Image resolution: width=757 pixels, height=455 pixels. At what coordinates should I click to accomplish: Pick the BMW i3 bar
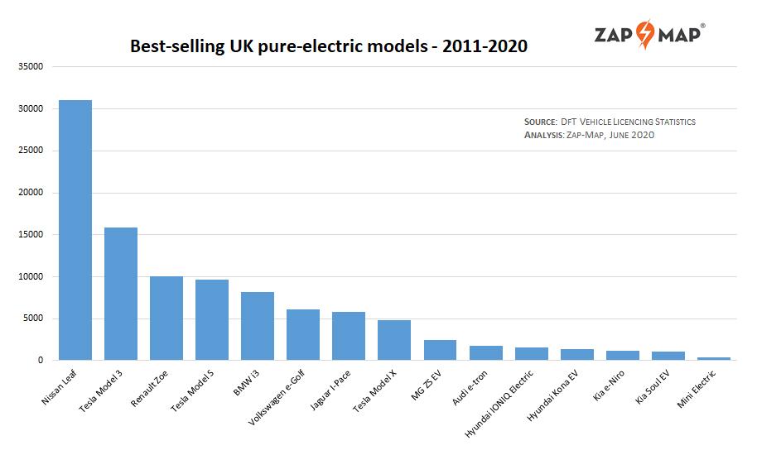258,326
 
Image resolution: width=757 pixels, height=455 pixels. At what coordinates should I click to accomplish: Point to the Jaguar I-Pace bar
349,336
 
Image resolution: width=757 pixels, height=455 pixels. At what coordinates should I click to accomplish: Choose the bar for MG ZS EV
440,350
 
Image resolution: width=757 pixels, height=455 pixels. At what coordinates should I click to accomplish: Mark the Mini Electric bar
714,358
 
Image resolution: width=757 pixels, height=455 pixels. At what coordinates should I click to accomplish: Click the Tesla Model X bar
394,340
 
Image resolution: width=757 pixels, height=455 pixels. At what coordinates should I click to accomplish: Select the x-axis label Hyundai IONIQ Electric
501,404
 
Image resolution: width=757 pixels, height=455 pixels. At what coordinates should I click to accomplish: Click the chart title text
329,46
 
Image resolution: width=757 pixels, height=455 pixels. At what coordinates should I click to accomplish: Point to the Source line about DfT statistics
610,122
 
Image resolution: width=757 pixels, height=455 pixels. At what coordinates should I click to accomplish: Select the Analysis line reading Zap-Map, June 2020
589,135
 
